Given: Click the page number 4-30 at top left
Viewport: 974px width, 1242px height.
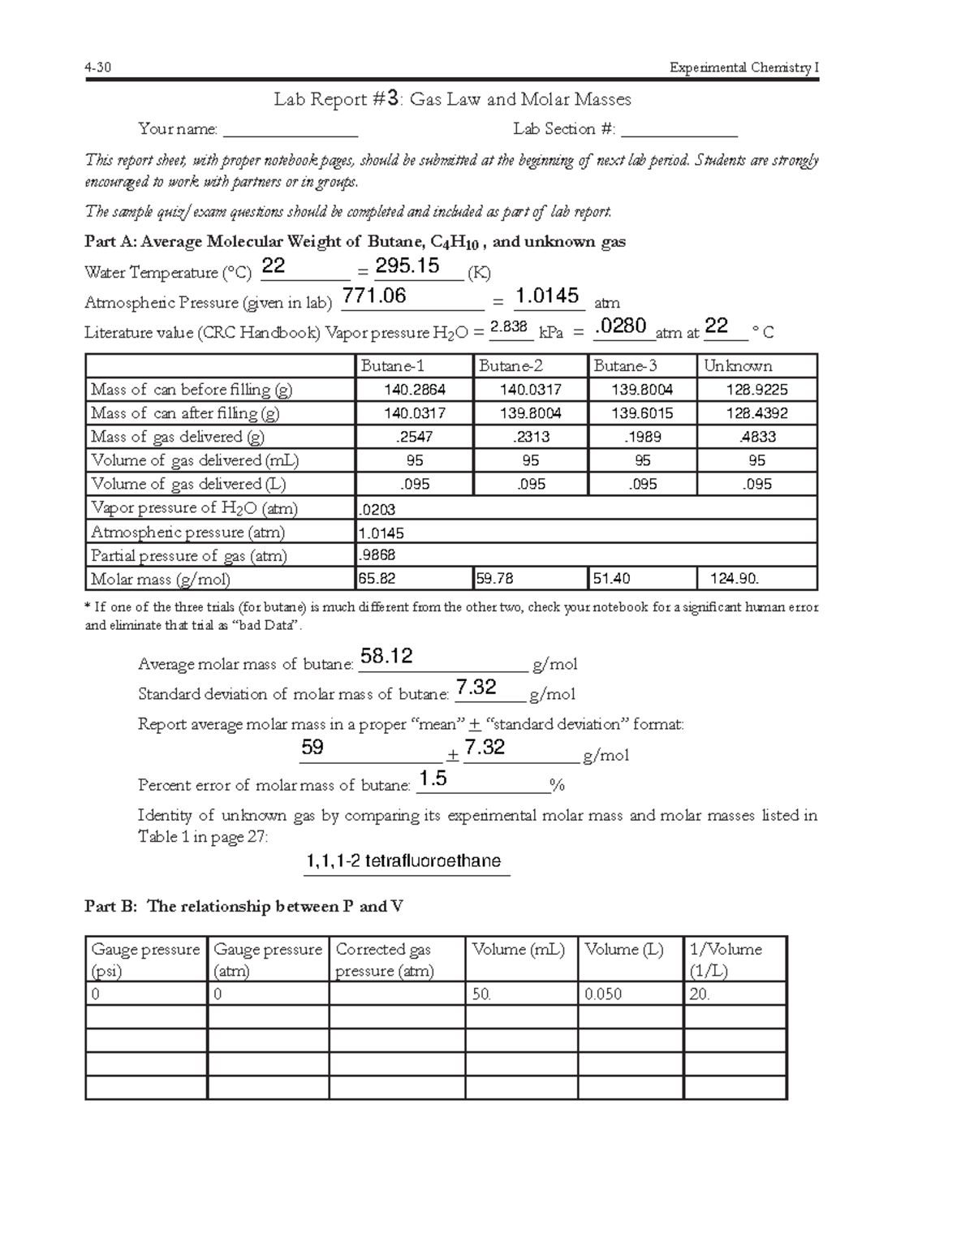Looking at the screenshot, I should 97,67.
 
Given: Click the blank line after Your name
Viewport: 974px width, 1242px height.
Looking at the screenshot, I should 290,130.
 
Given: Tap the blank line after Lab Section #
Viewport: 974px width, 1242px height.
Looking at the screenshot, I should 679,130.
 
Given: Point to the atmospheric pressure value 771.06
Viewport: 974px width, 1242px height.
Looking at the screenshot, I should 373,296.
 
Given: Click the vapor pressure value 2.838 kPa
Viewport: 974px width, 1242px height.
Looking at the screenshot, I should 510,326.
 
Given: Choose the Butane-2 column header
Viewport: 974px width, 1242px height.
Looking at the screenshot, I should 511,366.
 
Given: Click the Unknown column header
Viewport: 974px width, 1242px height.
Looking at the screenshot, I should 738,366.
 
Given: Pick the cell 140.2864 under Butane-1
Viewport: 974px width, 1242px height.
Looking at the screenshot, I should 414,390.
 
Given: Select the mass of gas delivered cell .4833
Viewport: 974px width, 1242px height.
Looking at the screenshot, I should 756,437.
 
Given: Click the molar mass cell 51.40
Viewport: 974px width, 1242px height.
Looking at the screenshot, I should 610,579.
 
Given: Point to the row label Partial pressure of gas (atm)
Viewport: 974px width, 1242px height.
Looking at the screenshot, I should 188,556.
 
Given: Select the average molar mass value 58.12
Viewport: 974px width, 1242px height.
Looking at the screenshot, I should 386,657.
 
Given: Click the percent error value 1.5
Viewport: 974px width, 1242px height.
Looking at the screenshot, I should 433,779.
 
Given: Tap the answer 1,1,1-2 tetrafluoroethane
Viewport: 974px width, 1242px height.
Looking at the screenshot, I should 403,861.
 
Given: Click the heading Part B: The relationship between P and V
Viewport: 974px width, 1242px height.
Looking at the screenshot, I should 243,907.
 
